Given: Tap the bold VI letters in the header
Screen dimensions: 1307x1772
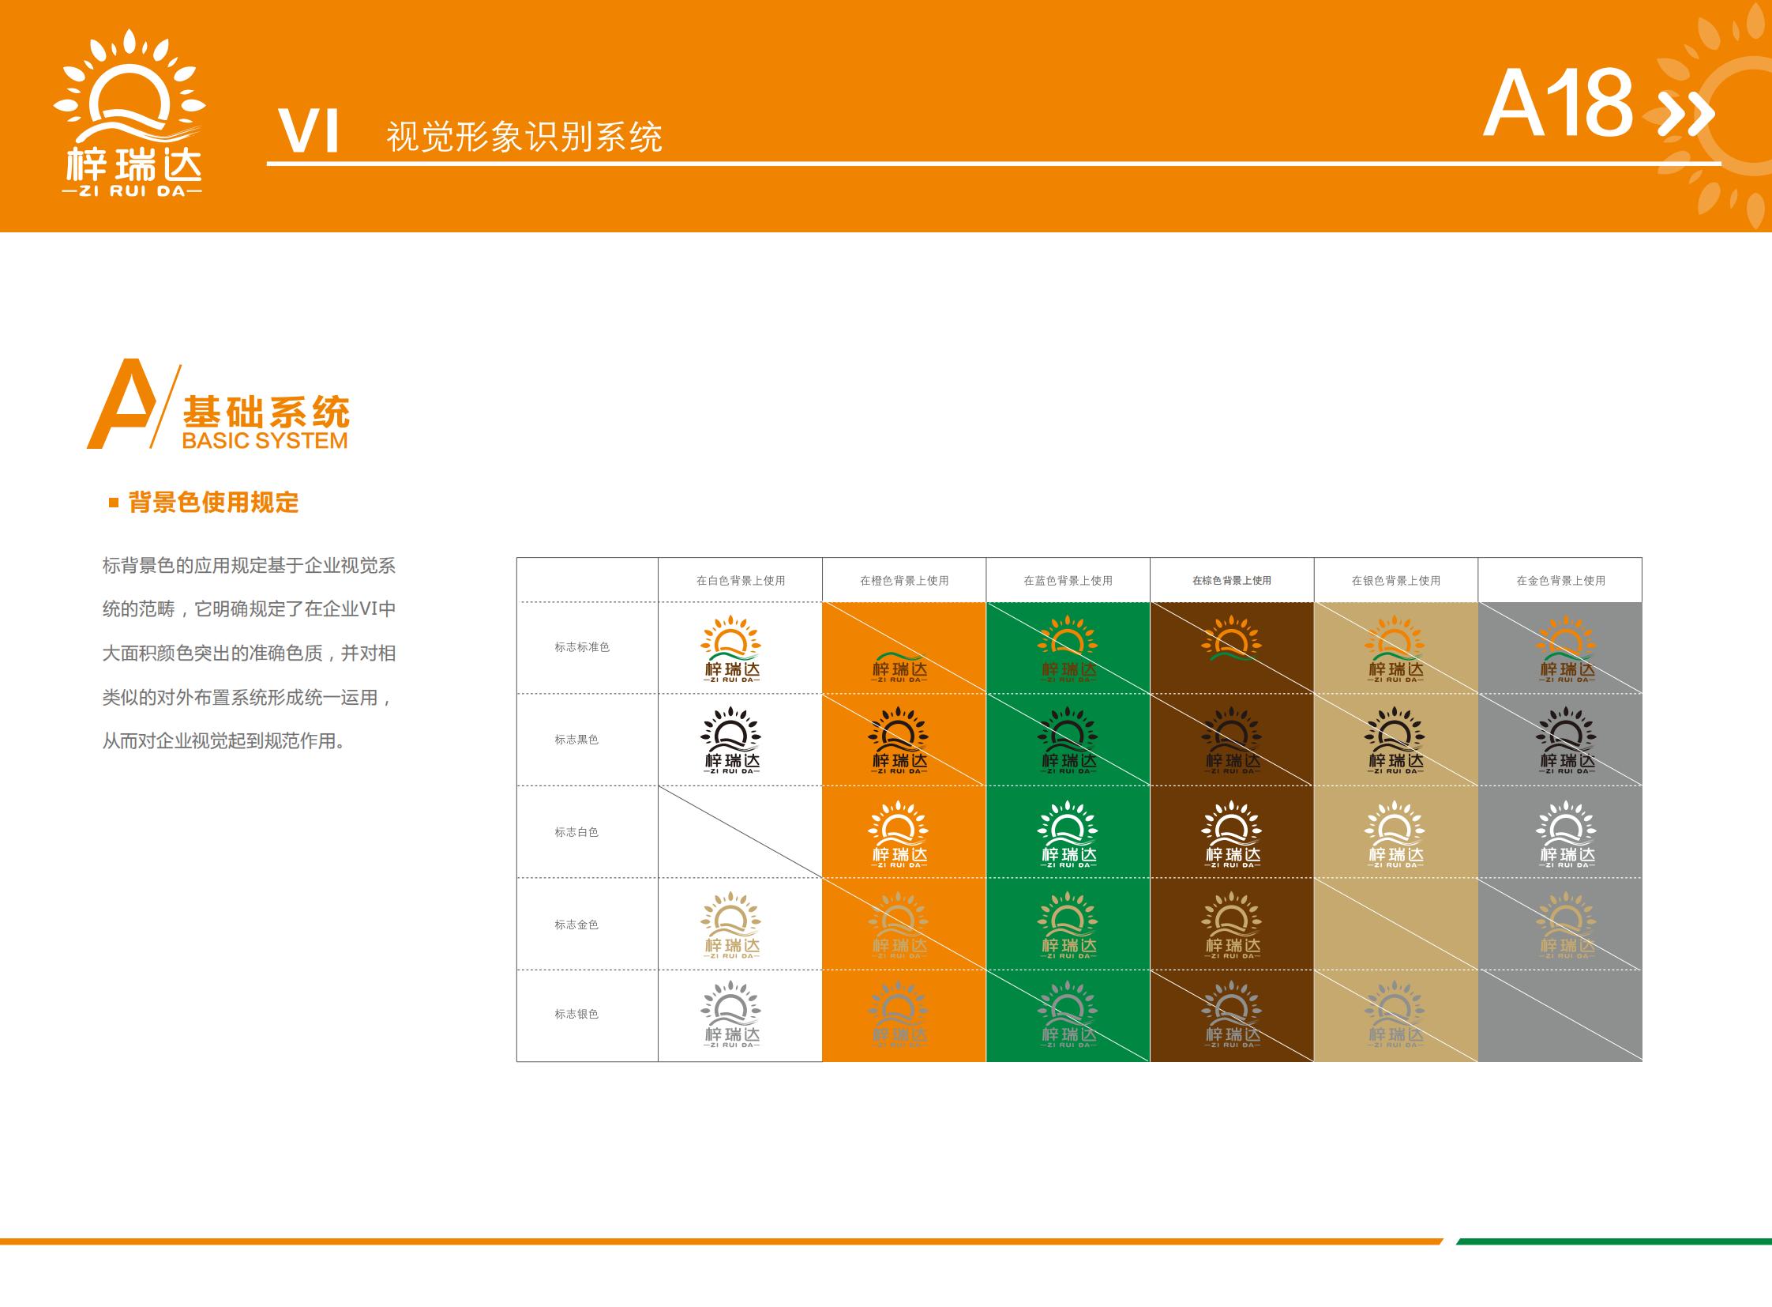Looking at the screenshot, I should pos(310,131).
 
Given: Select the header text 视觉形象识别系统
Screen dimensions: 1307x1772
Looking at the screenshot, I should pos(524,137).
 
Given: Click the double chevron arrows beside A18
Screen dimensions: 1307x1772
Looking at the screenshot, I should pos(1688,113).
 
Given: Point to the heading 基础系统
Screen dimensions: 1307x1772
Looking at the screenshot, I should pos(266,412).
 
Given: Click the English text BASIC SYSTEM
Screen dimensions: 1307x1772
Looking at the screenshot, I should pos(265,441).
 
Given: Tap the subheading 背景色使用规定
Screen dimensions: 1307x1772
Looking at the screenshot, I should pos(213,503).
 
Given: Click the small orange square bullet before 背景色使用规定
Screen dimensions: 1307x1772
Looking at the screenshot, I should pos(114,503).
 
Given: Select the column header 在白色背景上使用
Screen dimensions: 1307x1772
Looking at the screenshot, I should pos(740,581).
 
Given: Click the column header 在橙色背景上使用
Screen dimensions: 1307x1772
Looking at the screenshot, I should pos(904,581).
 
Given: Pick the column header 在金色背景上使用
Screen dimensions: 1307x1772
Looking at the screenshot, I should pos(1560,581).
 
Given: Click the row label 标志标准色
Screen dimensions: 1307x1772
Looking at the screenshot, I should pos(582,647).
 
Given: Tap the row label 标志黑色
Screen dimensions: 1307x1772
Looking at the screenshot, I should pos(576,740).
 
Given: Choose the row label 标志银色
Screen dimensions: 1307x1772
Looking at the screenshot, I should pos(576,1015).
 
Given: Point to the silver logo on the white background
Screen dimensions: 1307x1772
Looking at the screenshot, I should pos(731,1015).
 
